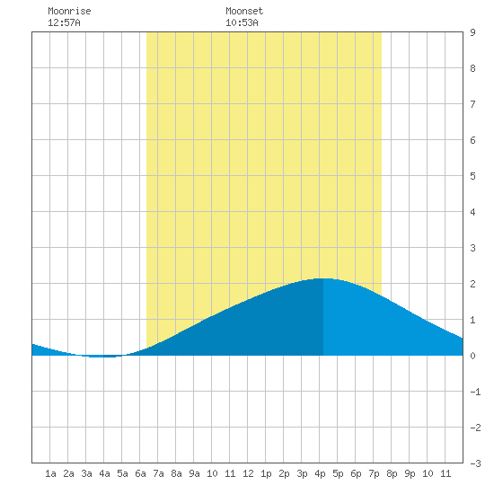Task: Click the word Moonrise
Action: pos(69,11)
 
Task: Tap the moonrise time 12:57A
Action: pos(64,22)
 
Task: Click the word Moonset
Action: pos(244,11)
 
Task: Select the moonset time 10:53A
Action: pos(242,22)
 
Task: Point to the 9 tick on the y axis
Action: pos(472,32)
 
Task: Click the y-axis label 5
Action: pos(472,176)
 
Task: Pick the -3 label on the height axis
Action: pos(475,463)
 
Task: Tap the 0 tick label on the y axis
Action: pos(472,356)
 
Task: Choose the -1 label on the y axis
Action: pos(475,392)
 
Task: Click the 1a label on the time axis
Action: pos(50,473)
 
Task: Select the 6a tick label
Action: pos(140,473)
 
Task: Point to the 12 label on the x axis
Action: pos(248,473)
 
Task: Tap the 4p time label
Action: pos(320,473)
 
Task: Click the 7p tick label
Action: pos(374,473)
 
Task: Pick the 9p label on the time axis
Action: pos(410,473)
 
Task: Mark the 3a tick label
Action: pos(86,473)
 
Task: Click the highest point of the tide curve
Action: pos(323,278)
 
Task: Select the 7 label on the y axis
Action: pos(472,104)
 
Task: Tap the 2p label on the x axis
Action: pos(284,473)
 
